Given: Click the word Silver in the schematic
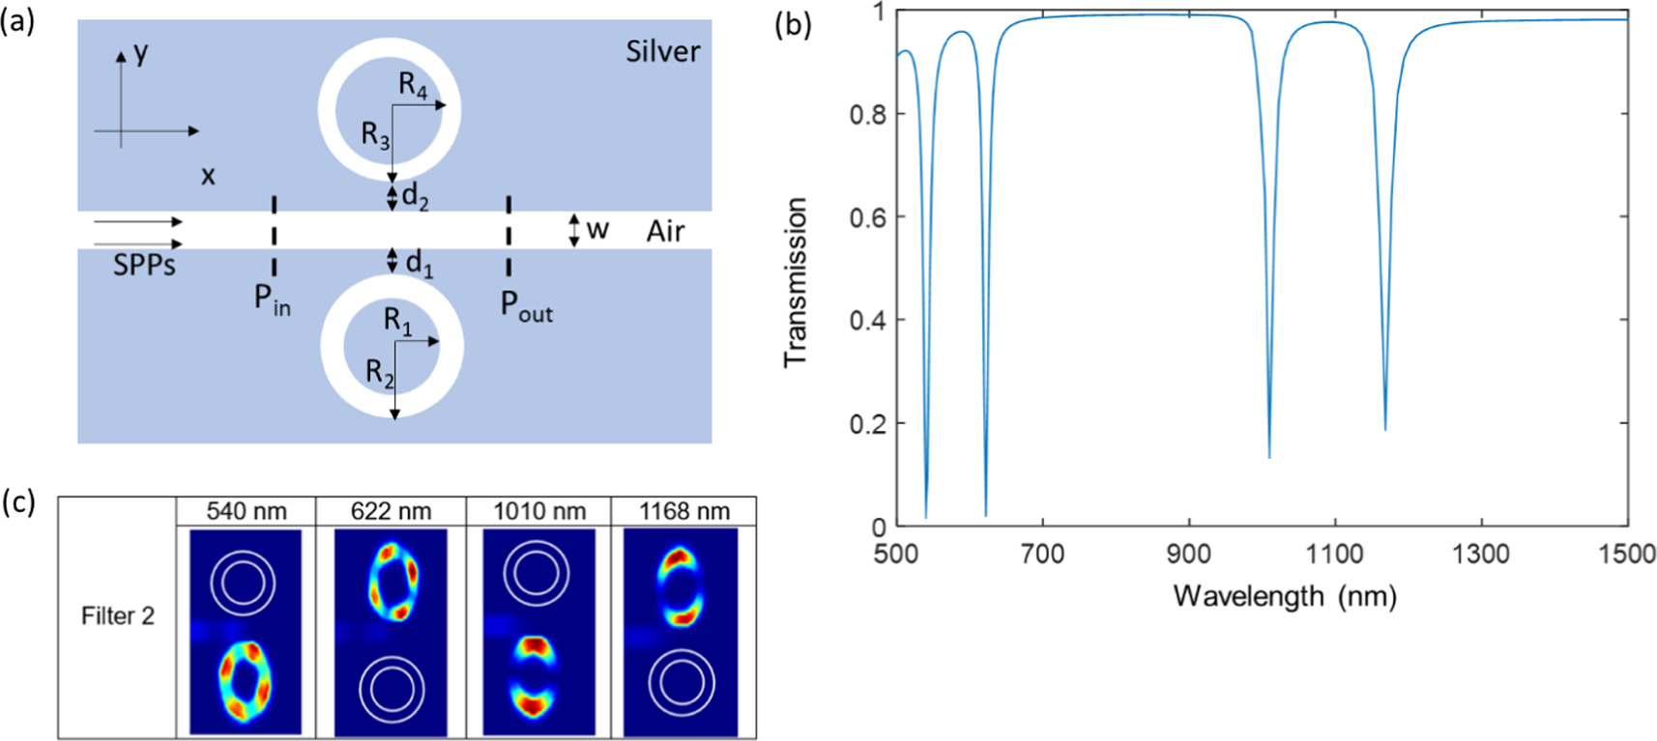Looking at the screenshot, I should [662, 50].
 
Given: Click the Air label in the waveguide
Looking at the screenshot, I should [665, 231].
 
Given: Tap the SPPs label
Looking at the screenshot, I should [144, 265].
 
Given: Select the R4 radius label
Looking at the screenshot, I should [413, 86].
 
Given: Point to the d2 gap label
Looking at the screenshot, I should [415, 196].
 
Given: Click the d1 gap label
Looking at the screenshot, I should [419, 262].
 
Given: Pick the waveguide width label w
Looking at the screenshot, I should [597, 230].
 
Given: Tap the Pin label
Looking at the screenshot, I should [272, 299].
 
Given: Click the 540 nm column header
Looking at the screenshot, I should [247, 511].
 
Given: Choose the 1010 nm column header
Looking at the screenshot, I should [539, 511].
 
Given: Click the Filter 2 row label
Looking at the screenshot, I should [118, 616].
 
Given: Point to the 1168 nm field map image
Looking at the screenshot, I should [682, 632].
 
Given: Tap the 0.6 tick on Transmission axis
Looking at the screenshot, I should [867, 217].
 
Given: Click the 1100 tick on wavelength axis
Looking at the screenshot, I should [1334, 554].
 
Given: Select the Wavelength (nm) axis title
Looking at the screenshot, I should [1285, 596].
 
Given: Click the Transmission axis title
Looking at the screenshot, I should [796, 282].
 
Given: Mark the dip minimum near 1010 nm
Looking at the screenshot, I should [1269, 456].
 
